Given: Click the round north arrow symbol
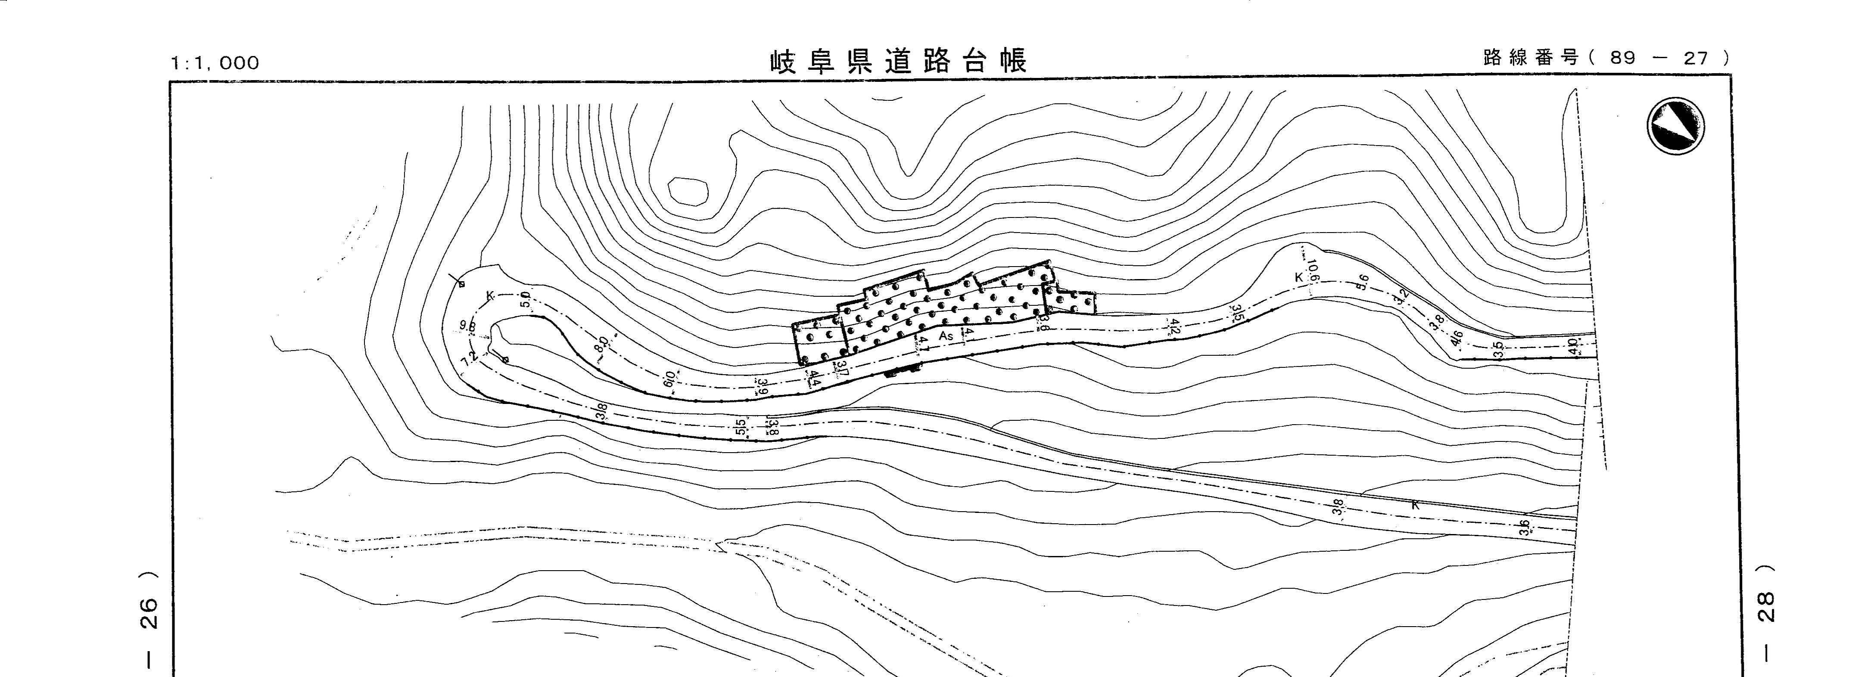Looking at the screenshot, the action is (1675, 126).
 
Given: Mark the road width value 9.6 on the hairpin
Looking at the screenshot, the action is (468, 326).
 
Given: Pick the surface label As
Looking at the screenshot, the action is (946, 335).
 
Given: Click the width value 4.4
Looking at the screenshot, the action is (814, 378).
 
